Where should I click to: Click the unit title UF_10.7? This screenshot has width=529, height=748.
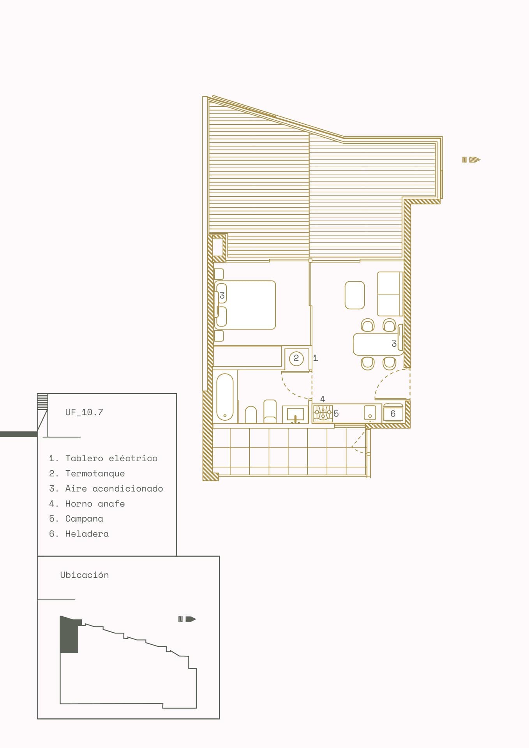point(84,412)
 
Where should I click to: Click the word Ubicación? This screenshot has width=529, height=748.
point(85,575)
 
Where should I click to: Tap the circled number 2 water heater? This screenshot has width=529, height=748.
point(296,358)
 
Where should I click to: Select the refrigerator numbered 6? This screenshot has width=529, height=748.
point(393,414)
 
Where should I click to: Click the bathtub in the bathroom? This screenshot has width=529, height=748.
point(225,397)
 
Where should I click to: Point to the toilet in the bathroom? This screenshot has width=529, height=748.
point(251,415)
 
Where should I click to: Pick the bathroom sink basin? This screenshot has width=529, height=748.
point(295,415)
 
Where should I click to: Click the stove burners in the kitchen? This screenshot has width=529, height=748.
point(323,413)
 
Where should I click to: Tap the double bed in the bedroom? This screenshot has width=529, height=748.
point(245,305)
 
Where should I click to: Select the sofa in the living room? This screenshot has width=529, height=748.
point(390,294)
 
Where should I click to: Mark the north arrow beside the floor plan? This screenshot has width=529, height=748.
point(471,160)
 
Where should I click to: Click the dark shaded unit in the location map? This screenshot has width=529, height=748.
point(70,634)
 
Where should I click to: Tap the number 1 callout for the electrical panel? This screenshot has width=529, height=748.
point(316,358)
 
